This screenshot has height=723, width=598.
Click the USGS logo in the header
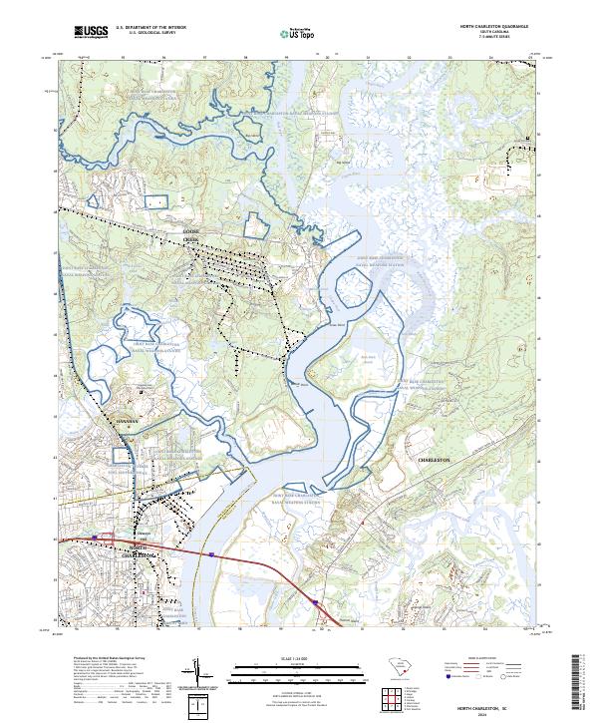tap(91, 33)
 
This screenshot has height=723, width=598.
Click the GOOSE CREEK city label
tap(191, 236)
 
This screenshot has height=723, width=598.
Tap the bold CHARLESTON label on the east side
tap(435, 460)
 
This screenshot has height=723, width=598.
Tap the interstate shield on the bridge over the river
tap(212, 549)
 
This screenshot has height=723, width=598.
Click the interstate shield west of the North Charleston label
tap(96, 538)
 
